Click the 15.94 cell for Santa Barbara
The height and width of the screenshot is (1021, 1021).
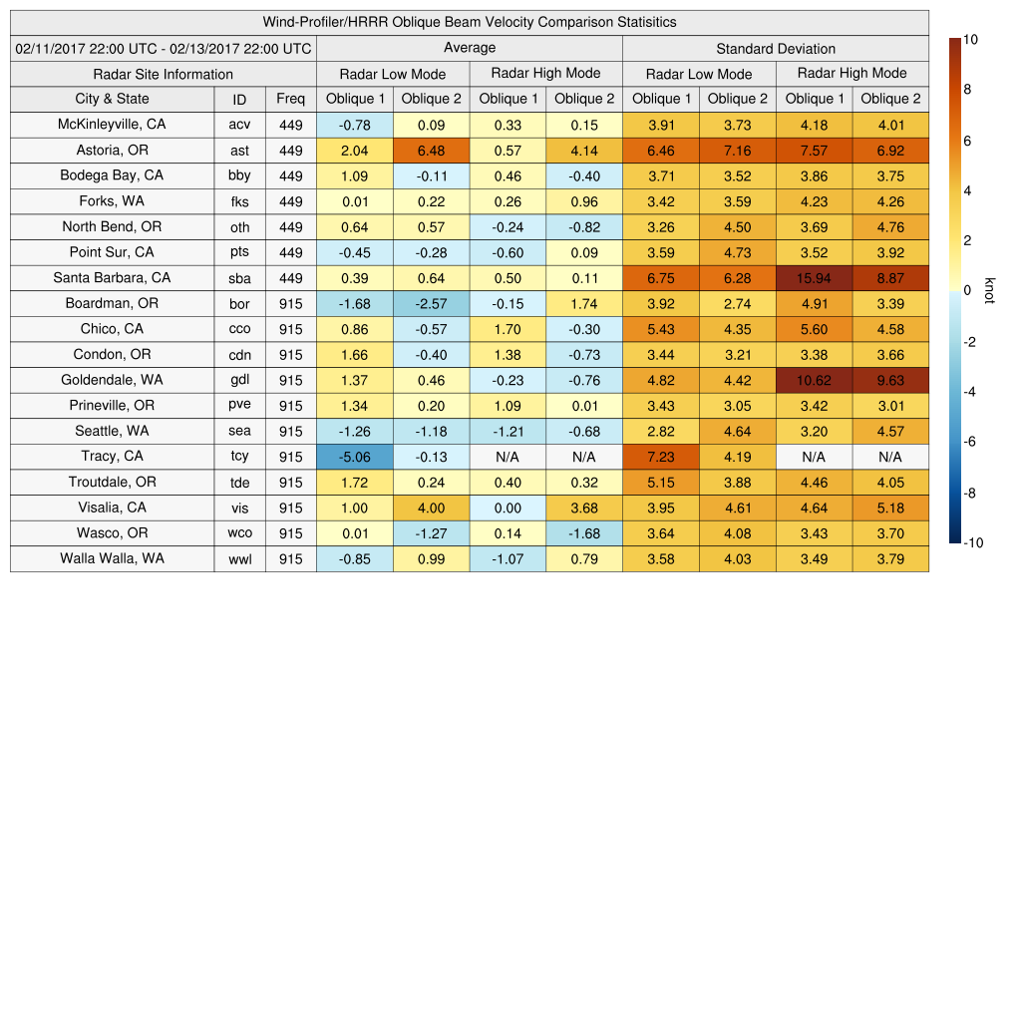(x=814, y=278)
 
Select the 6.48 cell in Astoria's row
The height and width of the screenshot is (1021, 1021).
(x=431, y=151)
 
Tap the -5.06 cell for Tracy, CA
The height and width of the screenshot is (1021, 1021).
(x=354, y=457)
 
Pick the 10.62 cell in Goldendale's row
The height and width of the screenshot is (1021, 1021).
(x=814, y=380)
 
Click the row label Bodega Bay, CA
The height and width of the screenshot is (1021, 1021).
(x=112, y=175)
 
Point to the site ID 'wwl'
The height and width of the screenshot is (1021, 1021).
(x=239, y=559)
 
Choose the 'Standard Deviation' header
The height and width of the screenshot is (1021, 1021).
(x=776, y=49)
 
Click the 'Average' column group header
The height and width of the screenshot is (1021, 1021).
(x=469, y=48)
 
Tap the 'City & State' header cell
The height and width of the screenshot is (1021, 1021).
(x=112, y=99)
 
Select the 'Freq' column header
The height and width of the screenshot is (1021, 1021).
(x=290, y=99)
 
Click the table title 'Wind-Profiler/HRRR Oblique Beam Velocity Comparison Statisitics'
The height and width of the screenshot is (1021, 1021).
(x=470, y=22)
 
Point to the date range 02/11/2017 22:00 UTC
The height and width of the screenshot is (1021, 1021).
(x=164, y=49)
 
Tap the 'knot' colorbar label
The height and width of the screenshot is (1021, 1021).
(x=989, y=290)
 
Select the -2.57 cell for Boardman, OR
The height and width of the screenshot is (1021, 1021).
(x=431, y=303)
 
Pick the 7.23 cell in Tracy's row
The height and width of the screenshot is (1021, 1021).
(x=660, y=457)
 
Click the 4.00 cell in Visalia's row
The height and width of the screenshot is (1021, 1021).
(x=431, y=508)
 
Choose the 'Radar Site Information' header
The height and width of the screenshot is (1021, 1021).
(x=163, y=74)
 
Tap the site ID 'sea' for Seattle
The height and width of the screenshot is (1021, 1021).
(x=239, y=432)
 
